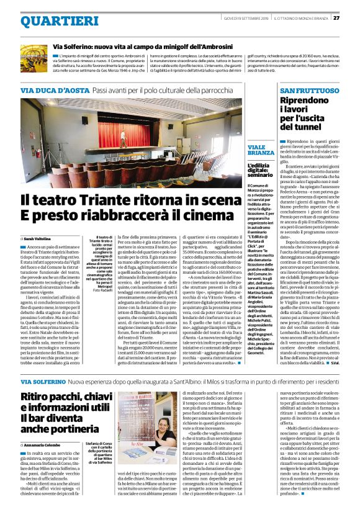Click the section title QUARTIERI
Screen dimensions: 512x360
click(55, 20)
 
